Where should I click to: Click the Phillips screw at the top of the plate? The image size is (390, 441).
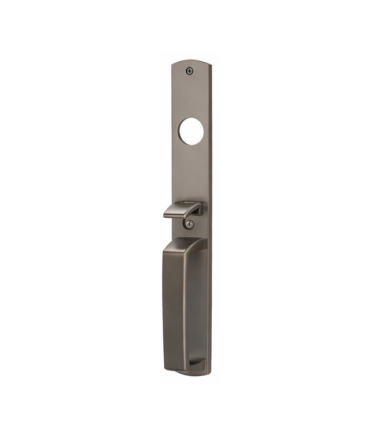click(190, 71)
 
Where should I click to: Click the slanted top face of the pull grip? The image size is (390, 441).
click(183, 245)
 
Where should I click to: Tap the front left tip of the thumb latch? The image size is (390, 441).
click(166, 215)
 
